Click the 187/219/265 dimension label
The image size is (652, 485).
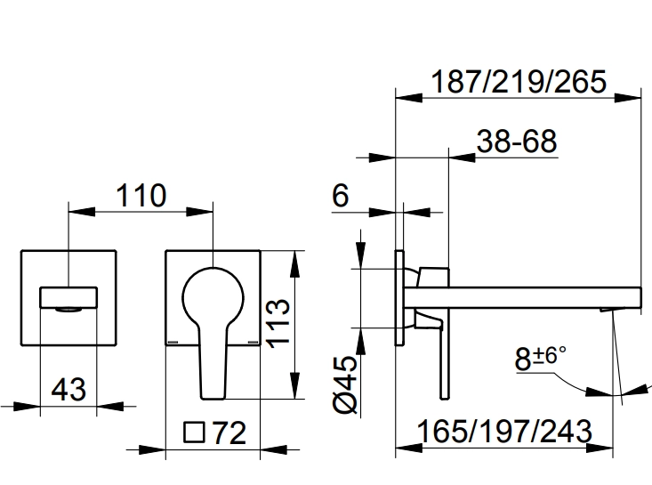pyautogui.click(x=518, y=82)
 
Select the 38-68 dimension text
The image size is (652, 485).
pyautogui.click(x=516, y=141)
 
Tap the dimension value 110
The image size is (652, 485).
pyautogui.click(x=141, y=196)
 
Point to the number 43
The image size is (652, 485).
pyautogui.click(x=68, y=389)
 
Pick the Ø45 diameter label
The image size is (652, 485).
pyautogui.click(x=346, y=382)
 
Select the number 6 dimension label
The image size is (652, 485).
pyautogui.click(x=341, y=197)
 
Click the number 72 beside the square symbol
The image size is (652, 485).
pyautogui.click(x=229, y=433)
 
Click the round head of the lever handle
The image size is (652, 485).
pyautogui.click(x=213, y=294)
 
